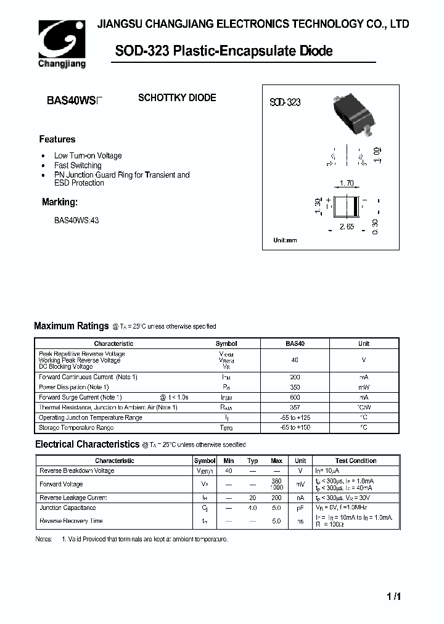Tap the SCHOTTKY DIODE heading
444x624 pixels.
pos(177,98)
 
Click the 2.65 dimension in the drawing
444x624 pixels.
pos(347,227)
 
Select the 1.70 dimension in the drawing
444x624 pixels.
pos(347,183)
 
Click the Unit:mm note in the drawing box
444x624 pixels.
pos(285,240)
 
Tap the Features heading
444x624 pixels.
pos(57,139)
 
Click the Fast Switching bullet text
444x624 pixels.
pos(78,165)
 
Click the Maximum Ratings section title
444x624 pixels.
pos(71,326)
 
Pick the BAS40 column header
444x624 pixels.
pos(295,343)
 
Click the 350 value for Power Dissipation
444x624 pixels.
pos(295,387)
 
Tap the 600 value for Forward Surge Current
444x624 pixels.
pos(295,398)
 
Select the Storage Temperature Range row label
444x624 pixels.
pos(76,427)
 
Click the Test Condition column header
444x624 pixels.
pos(356,461)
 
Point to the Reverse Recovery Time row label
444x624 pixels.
pos(71,521)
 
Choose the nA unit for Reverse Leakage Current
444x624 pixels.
pos(300,498)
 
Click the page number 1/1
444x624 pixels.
pos(394,596)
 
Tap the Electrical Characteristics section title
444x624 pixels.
pos(87,444)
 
